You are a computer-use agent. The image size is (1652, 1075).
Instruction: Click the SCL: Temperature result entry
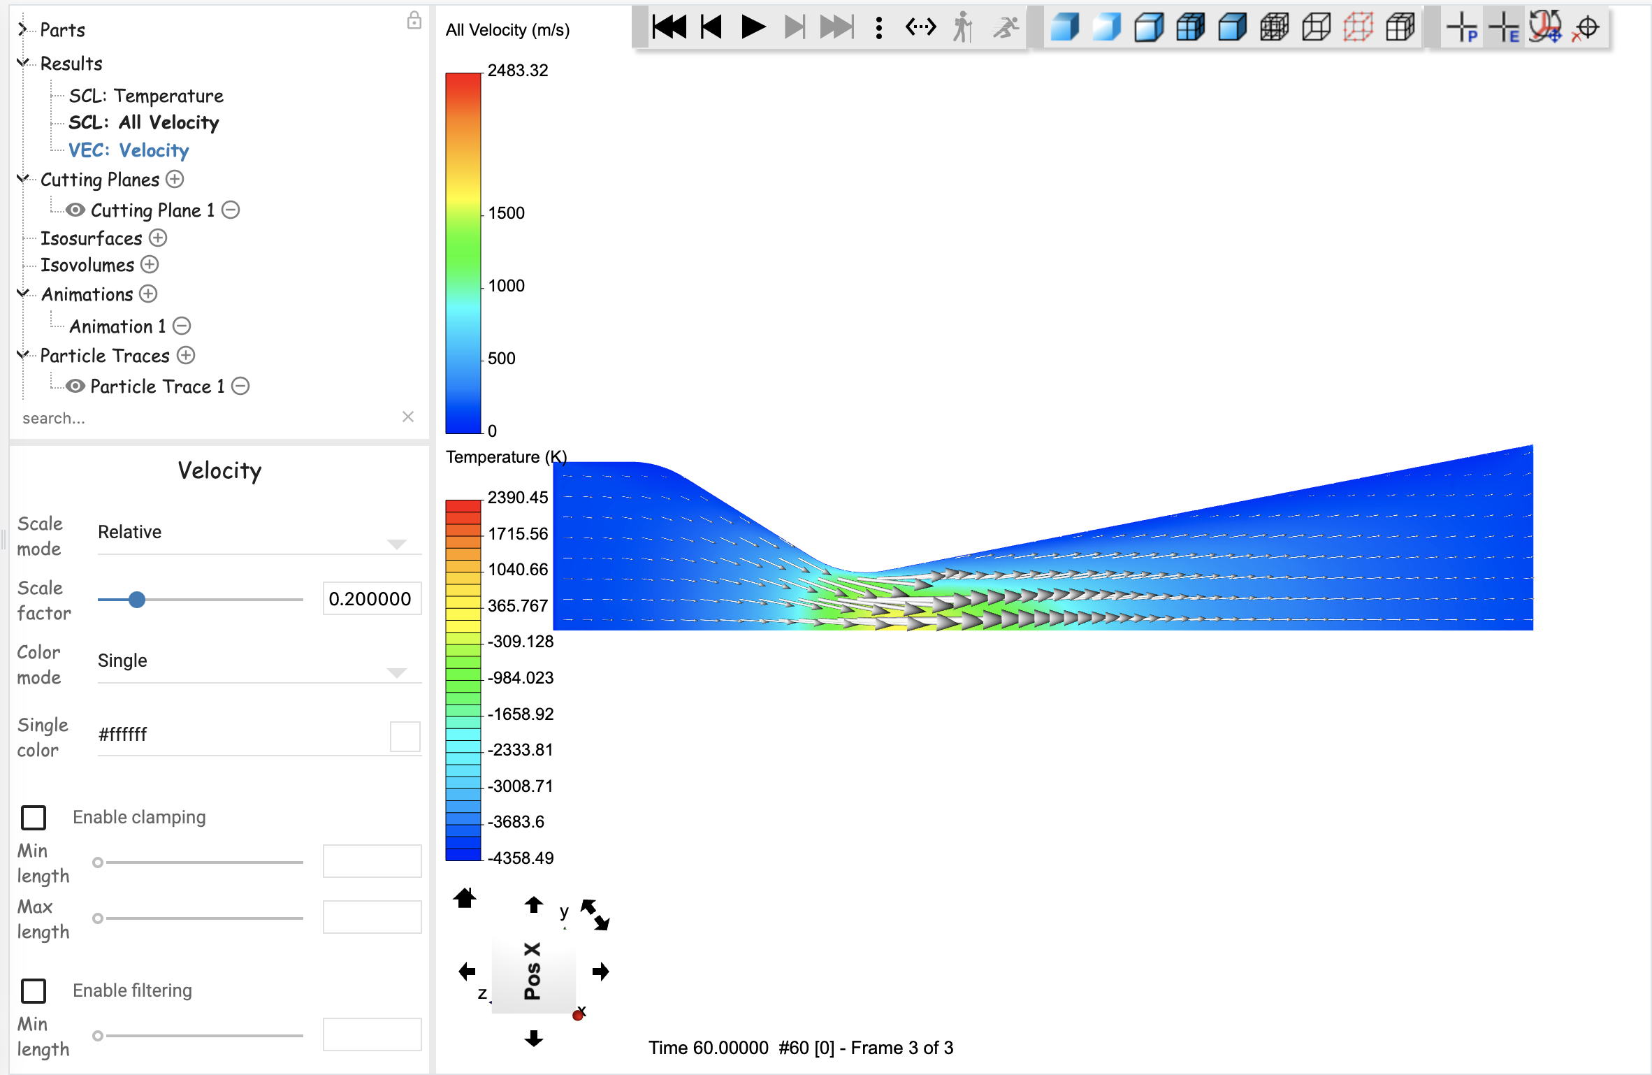click(x=145, y=96)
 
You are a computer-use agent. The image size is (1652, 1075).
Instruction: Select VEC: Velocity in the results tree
click(x=129, y=150)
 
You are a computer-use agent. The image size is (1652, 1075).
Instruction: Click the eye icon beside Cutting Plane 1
click(x=75, y=210)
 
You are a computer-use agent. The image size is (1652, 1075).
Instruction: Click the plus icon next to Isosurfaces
click(x=159, y=238)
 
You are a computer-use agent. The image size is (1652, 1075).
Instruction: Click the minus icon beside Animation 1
click(x=182, y=326)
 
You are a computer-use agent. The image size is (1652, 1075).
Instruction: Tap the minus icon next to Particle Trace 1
click(x=240, y=387)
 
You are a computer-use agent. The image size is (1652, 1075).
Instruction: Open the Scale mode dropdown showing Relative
click(x=259, y=533)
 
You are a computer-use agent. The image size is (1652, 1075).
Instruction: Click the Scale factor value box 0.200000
click(x=371, y=599)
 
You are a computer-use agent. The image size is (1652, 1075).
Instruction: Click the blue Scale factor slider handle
click(x=137, y=600)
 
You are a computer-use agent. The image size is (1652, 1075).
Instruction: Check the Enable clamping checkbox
click(x=34, y=817)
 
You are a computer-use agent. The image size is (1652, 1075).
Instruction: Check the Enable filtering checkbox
click(x=34, y=990)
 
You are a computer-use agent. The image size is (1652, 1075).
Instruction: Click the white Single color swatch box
click(x=405, y=736)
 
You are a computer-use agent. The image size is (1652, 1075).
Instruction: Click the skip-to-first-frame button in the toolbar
click(x=669, y=28)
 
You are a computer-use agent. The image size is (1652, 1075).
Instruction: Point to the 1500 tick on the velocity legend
click(x=506, y=213)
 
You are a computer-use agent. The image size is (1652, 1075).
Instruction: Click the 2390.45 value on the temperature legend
click(x=517, y=498)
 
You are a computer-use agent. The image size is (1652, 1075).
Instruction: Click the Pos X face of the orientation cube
click(x=533, y=972)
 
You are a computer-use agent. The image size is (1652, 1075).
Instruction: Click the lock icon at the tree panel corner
click(x=414, y=20)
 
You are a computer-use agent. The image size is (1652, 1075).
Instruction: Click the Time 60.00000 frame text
click(x=800, y=1048)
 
